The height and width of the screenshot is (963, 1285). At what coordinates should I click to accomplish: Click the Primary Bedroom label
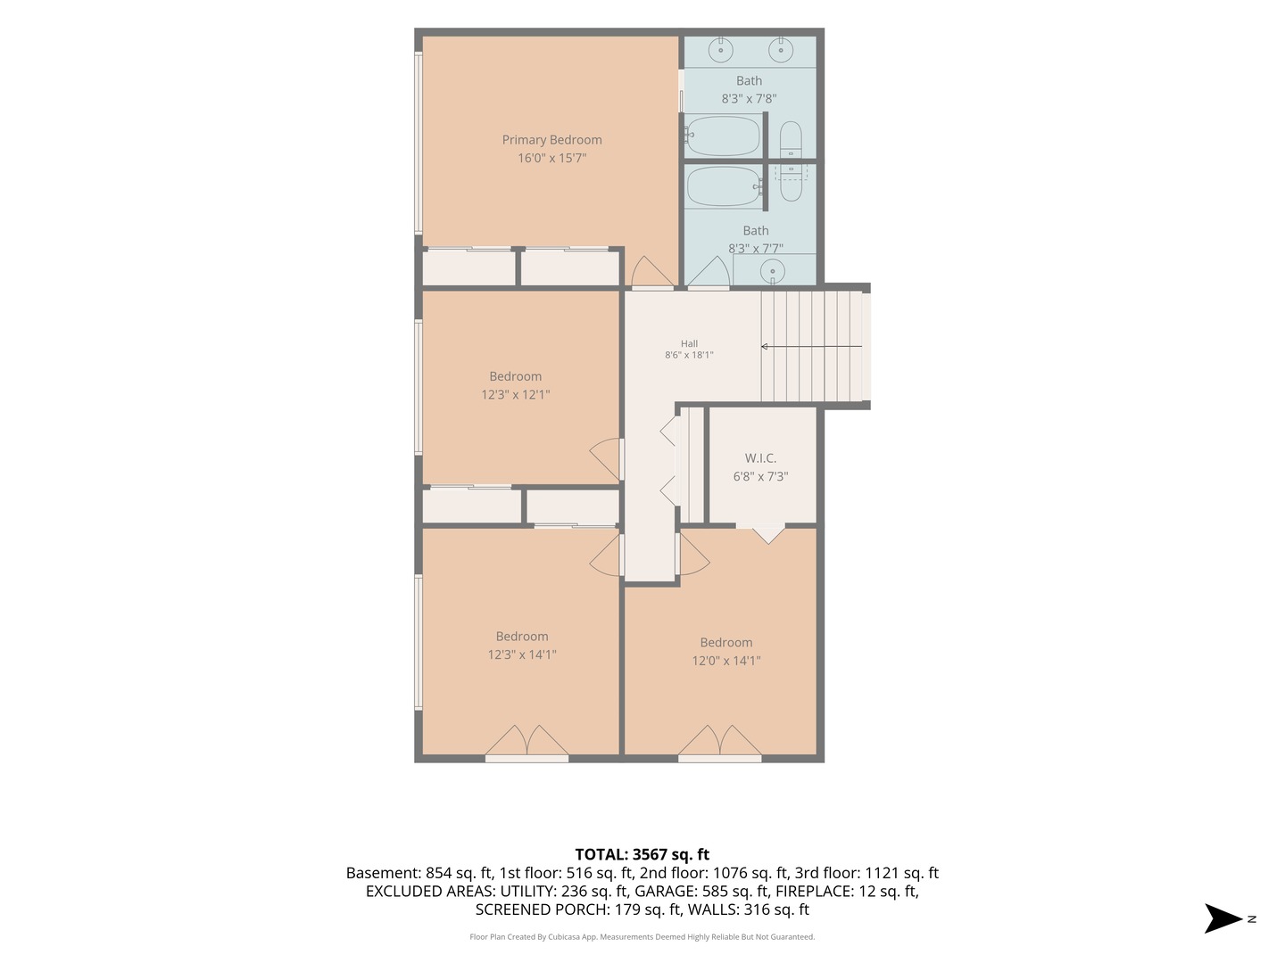[551, 140]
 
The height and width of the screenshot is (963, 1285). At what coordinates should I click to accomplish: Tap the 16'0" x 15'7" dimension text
[551, 158]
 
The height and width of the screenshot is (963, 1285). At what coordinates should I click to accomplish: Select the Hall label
[689, 344]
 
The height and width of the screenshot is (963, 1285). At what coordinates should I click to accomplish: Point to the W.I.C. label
[760, 458]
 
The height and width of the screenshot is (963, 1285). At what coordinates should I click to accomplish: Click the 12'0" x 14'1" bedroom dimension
[725, 661]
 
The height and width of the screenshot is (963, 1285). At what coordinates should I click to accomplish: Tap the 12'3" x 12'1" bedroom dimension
[515, 395]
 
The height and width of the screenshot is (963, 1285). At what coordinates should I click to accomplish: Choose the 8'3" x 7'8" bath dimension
[749, 99]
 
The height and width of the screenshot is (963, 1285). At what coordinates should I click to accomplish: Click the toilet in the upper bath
[791, 140]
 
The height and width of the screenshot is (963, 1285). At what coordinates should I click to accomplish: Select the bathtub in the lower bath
[725, 186]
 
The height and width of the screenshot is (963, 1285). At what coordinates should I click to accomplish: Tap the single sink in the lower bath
[773, 271]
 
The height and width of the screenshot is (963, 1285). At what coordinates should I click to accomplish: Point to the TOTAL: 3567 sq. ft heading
[642, 854]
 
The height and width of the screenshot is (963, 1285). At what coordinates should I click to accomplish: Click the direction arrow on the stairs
[811, 347]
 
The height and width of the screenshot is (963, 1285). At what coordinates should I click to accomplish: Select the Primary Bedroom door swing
[651, 272]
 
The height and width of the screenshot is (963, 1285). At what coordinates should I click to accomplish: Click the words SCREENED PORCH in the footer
[542, 909]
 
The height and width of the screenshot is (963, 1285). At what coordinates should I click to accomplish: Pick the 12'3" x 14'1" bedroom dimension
[522, 654]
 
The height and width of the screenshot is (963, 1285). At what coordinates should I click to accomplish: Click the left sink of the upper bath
[721, 50]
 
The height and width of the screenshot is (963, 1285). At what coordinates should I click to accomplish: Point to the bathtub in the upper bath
[725, 136]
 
